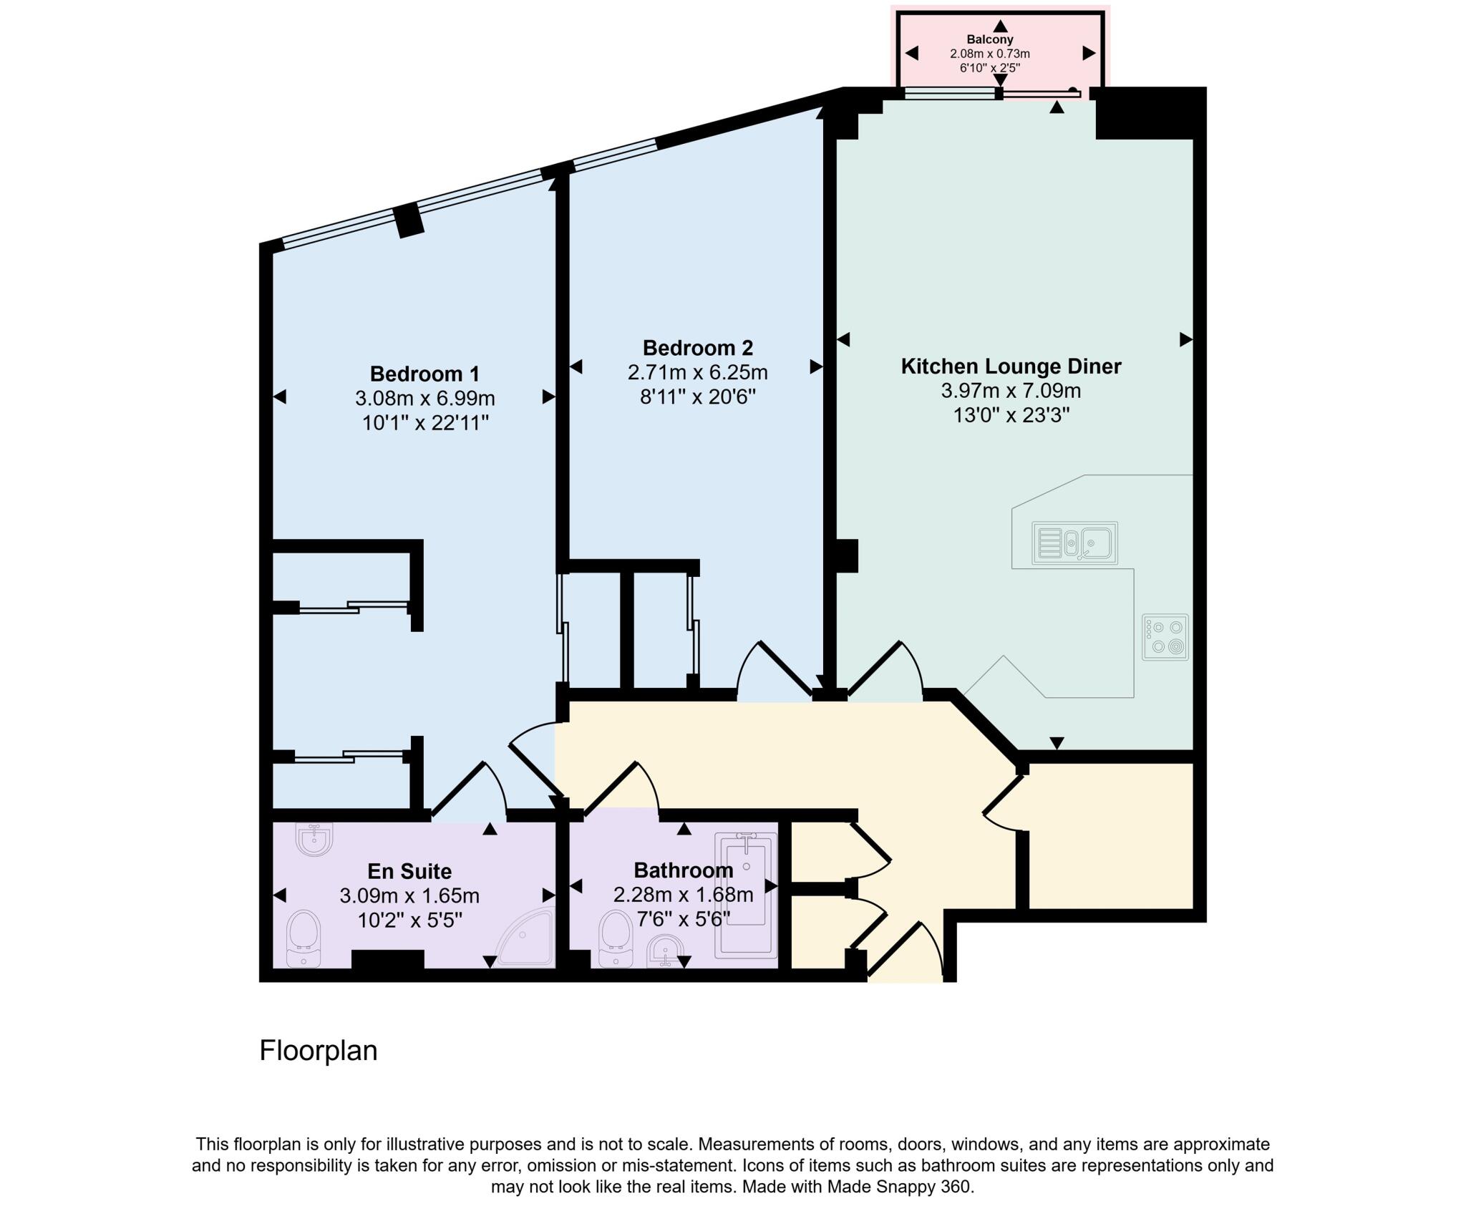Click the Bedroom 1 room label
(x=424, y=374)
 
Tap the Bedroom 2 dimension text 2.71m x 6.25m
(x=697, y=372)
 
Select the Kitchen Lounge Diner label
(x=1010, y=366)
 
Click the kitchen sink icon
(x=1074, y=543)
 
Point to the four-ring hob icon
(x=1165, y=637)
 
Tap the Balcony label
(x=989, y=39)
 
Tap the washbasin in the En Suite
(x=314, y=839)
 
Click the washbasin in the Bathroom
(x=665, y=951)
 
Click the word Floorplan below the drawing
(x=318, y=1050)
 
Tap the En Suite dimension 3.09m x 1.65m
(x=409, y=895)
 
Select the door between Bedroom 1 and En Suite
(x=470, y=792)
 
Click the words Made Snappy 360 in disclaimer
(x=900, y=1187)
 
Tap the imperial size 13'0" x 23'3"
(x=1011, y=415)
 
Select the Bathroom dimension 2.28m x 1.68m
(x=683, y=895)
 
